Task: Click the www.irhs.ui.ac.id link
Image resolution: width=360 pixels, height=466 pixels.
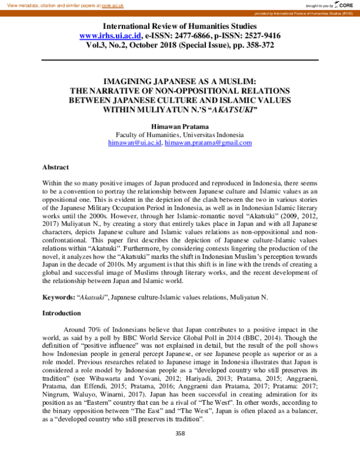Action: click(110, 36)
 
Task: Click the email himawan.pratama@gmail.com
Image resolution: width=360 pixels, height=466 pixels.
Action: click(208, 143)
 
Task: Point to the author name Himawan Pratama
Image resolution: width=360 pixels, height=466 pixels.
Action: click(179, 126)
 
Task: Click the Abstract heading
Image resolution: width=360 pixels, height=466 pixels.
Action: click(55, 167)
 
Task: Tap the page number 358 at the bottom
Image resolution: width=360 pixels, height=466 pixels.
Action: click(179, 450)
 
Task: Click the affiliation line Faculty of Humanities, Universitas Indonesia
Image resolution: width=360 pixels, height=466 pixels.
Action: click(179, 135)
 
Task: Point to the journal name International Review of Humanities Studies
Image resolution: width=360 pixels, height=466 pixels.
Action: click(179, 26)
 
